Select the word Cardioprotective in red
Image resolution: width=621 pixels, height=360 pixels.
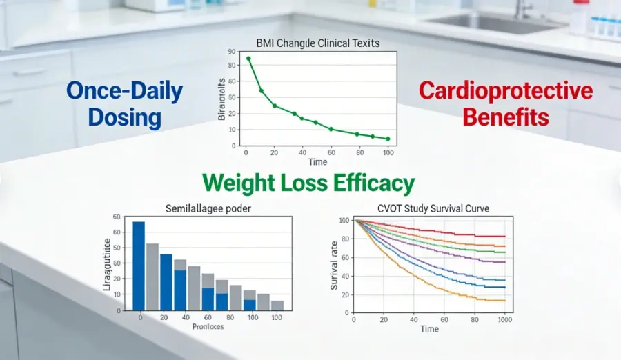506,91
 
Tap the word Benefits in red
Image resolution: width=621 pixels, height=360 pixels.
506,117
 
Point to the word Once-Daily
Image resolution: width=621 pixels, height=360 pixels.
125,91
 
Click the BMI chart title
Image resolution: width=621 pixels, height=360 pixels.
317,43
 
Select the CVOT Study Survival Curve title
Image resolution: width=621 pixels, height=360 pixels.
429,209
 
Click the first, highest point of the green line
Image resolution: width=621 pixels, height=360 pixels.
248,59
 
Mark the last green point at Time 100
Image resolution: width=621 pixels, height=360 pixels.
388,139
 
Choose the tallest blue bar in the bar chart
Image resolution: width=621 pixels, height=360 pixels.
139,266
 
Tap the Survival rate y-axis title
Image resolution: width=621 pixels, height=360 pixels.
334,263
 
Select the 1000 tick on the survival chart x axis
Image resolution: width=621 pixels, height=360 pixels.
505,320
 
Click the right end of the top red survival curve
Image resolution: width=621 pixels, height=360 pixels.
505,237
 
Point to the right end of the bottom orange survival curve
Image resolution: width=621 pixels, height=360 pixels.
505,300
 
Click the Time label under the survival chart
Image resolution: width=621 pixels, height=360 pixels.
429,330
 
